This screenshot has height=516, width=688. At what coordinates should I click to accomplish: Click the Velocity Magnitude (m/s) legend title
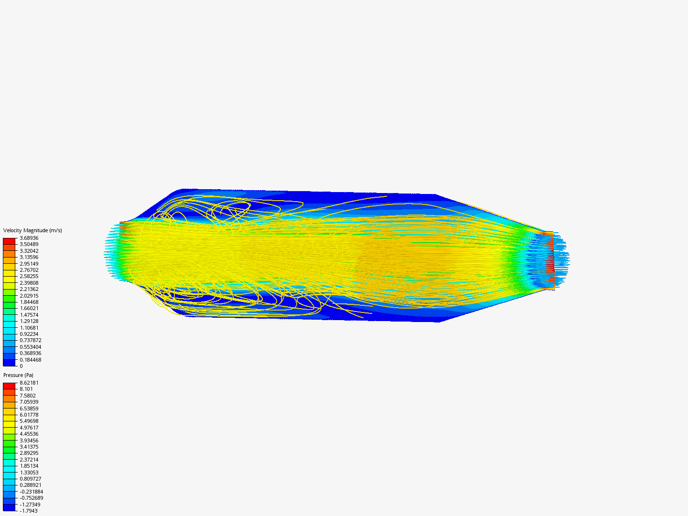click(32, 230)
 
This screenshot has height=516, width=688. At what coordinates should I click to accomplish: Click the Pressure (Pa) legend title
click(18, 375)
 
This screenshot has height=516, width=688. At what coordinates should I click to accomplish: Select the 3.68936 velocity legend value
click(29, 238)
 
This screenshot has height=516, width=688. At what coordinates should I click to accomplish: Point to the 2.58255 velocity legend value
click(29, 276)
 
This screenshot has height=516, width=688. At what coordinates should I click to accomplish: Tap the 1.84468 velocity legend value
click(29, 302)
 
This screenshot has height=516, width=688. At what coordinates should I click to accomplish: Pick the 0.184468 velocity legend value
click(31, 360)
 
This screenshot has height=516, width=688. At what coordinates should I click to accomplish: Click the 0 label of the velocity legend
click(21, 366)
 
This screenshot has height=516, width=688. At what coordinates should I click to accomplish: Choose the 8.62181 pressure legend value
click(29, 383)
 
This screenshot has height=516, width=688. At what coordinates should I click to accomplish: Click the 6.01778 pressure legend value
click(29, 415)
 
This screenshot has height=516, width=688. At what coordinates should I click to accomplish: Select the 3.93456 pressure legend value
click(29, 441)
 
